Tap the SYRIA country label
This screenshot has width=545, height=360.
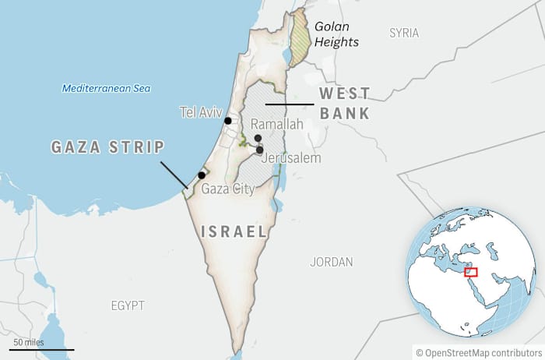tap(404, 34)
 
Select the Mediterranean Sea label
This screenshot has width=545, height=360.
tap(106, 88)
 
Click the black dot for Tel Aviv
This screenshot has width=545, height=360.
tap(228, 121)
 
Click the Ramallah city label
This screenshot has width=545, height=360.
tap(276, 125)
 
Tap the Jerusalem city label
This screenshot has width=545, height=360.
tap(292, 158)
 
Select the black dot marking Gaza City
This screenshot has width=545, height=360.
tap(202, 175)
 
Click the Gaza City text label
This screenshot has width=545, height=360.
tap(227, 189)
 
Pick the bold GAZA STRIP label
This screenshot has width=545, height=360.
tap(107, 147)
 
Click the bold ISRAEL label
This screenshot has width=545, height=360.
tap(234, 231)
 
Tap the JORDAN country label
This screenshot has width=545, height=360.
tap(331, 262)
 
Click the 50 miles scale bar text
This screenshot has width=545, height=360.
tap(28, 342)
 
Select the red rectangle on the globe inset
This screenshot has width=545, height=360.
tap(471, 272)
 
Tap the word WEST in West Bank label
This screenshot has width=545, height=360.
tap(343, 94)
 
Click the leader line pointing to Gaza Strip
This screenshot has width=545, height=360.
tap(174, 175)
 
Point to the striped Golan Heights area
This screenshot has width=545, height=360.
tap(298, 39)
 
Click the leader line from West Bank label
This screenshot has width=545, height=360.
tap(288, 104)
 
